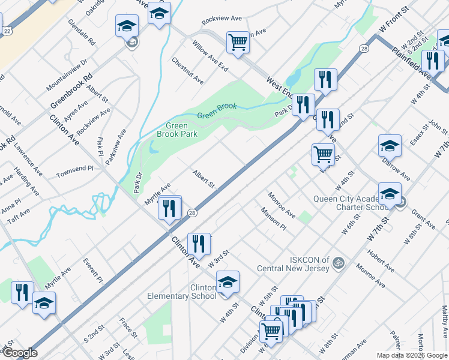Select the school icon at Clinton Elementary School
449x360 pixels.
tap(228, 282)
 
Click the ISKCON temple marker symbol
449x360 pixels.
tap(338, 262)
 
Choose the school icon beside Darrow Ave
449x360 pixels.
tap(390, 146)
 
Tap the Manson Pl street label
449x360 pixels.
tap(273, 219)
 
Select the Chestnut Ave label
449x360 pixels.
tap(187, 71)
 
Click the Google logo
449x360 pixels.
tap(19, 353)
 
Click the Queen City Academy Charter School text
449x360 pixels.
tap(349, 203)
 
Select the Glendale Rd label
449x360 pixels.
tap(82, 34)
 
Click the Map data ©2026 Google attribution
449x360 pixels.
tap(411, 355)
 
